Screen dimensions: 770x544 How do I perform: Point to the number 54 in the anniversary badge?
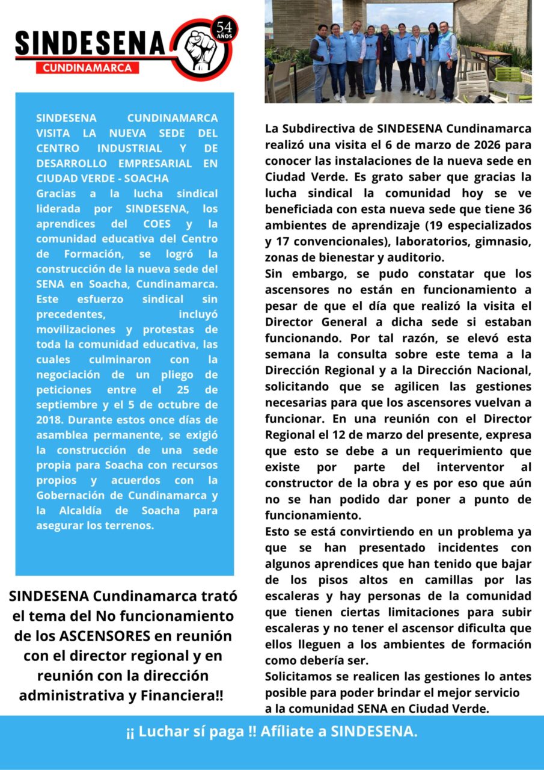click(224, 26)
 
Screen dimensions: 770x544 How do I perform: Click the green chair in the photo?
click(509, 75)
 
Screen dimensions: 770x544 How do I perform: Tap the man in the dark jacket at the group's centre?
click(386, 57)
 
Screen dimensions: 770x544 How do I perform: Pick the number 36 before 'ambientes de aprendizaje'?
click(524, 209)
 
